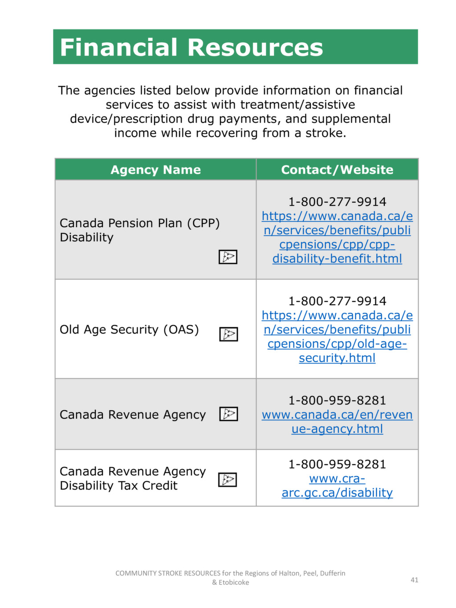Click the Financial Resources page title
click(191, 48)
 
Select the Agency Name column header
click(155, 170)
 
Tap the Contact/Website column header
click(337, 170)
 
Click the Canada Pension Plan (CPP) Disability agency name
click(139, 230)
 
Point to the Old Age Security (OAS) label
click(129, 330)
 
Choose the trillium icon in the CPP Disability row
click(228, 257)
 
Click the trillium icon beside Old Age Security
click(228, 334)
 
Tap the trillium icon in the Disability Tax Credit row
click(228, 480)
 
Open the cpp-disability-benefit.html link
click(337, 237)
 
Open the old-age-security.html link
click(337, 337)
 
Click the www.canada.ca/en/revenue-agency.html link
click(337, 422)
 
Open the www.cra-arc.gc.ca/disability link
click(337, 486)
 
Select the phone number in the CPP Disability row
click(337, 202)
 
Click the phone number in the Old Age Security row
click(337, 301)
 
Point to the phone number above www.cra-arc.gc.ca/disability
click(337, 464)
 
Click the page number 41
click(414, 580)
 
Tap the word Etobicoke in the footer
click(234, 583)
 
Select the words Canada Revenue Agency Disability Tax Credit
click(133, 478)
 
